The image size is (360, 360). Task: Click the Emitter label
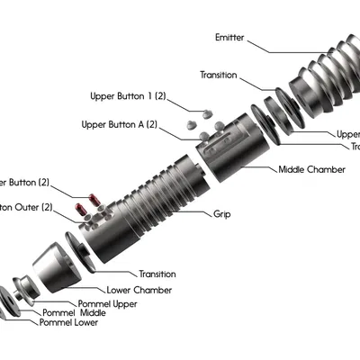tap(230, 38)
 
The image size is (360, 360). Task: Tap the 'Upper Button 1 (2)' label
tap(129, 95)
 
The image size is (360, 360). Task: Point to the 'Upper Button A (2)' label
tap(120, 124)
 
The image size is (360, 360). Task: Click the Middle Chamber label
tap(311, 169)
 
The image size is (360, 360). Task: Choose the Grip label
tap(221, 214)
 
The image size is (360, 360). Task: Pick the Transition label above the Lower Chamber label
tap(157, 274)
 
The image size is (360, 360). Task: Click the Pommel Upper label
tap(107, 303)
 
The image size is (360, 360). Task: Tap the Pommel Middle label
tap(75, 312)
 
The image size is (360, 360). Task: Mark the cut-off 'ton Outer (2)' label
tap(27, 206)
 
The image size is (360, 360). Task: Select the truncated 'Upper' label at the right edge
tap(348, 134)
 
